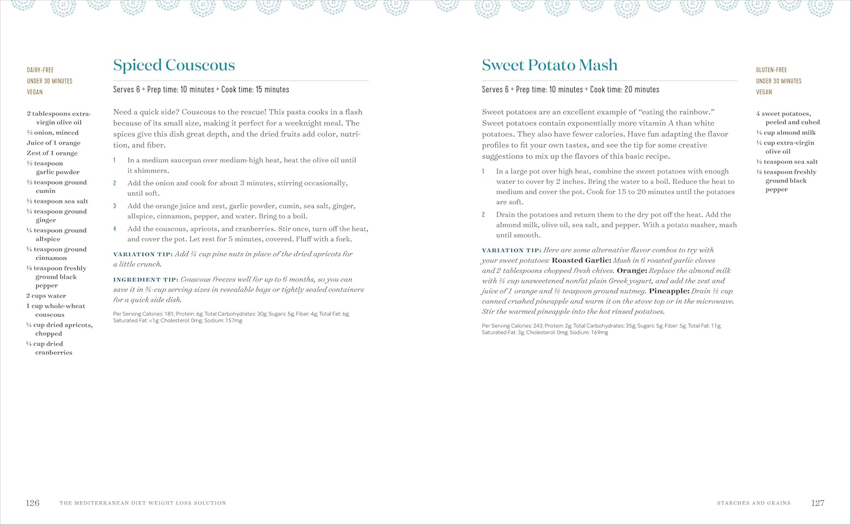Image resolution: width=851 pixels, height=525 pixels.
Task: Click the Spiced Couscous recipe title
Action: click(174, 65)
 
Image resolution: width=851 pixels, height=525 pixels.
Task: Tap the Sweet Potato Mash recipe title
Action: click(549, 65)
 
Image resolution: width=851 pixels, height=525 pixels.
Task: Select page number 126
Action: click(32, 503)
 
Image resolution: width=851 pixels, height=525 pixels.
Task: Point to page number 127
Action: click(818, 503)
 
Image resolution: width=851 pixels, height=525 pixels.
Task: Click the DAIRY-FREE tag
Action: click(40, 70)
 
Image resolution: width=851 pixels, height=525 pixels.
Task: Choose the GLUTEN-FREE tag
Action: click(771, 70)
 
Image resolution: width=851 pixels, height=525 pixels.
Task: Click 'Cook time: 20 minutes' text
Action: click(625, 90)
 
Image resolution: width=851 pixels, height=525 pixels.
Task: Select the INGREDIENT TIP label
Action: click(146, 280)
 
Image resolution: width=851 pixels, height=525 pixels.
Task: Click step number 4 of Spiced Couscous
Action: click(115, 229)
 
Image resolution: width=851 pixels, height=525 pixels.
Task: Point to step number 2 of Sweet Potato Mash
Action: click(483, 215)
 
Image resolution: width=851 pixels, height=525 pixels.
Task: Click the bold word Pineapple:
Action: click(669, 291)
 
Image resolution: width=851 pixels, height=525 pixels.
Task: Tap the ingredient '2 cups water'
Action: click(46, 296)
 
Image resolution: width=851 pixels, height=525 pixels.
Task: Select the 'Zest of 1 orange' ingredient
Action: click(52, 153)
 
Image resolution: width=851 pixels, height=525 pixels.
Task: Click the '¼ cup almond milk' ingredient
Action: click(786, 133)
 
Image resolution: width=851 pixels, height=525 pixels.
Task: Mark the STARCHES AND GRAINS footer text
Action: click(753, 503)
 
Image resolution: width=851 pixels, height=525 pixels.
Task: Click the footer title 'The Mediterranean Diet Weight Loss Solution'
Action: click(143, 503)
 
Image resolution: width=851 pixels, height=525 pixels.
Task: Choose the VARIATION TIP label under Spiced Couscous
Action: click(143, 254)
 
